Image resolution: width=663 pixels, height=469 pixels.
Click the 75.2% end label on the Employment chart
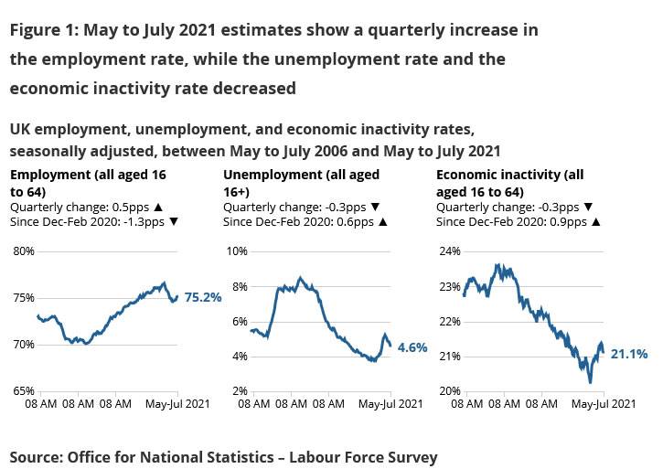point(203,297)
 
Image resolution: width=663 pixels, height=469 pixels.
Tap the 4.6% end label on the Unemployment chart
point(412,347)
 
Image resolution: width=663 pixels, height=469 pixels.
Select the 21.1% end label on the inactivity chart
point(629,353)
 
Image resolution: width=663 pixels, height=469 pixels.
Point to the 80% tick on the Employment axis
point(22,251)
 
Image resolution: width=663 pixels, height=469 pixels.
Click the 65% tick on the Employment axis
point(22,391)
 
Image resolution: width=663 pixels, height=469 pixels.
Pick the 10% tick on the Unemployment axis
point(237,251)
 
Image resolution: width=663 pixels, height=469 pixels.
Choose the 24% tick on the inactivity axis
point(451,251)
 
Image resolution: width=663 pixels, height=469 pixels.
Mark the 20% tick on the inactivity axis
point(451,391)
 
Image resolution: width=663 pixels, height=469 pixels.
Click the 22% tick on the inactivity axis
point(451,321)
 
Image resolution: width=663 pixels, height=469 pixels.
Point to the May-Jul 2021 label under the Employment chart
point(178,404)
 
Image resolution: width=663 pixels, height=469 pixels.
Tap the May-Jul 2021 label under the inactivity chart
point(604,404)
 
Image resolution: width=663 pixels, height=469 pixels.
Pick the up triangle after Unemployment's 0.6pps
point(382,221)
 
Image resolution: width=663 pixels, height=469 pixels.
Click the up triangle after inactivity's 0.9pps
point(595,221)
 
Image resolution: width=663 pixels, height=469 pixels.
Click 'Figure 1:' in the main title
point(43,30)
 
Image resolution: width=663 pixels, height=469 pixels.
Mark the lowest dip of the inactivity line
point(591,381)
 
